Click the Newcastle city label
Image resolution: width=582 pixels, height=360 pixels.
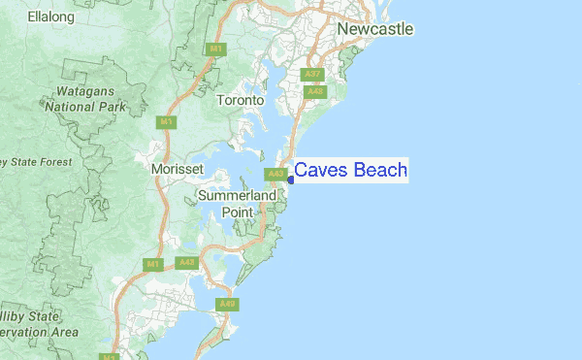375,29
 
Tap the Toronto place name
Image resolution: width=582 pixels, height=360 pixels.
241,100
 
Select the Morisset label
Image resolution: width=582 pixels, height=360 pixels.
178,169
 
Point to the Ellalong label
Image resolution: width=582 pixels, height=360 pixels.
50,16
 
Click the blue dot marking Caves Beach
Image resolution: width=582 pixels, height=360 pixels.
290,178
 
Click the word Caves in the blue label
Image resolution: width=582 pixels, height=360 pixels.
321,171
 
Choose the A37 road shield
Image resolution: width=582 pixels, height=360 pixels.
313,74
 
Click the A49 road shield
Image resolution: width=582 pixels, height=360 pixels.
228,305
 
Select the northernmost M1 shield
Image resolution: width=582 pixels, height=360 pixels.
215,49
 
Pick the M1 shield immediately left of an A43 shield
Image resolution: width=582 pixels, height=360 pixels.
153,264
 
